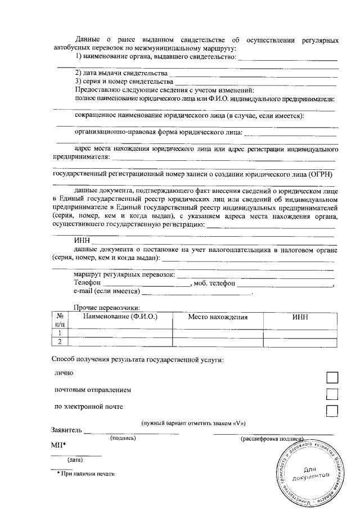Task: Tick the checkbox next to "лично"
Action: coord(332,377)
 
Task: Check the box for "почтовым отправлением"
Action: coord(332,394)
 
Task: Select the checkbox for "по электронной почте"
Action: coord(332,411)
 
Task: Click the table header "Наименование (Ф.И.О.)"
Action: coord(120,317)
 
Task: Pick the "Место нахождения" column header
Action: coord(218,317)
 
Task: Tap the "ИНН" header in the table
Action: coord(300,317)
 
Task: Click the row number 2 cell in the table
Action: coord(60,341)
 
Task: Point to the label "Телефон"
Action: coord(87,283)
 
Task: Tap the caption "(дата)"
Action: coord(75,460)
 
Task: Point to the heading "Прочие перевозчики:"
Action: coord(107,307)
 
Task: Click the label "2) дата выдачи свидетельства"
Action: coord(121,74)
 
